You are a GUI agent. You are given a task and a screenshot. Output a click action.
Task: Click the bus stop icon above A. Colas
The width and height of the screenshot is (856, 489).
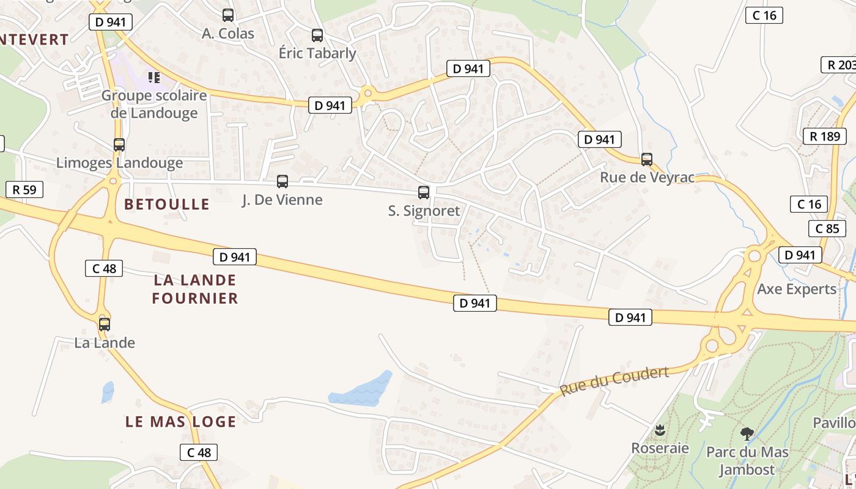tap(228, 15)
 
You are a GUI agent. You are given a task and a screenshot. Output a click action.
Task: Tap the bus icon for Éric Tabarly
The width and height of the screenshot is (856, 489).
tap(317, 35)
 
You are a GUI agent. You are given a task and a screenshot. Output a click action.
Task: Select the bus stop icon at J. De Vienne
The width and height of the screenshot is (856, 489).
tap(282, 181)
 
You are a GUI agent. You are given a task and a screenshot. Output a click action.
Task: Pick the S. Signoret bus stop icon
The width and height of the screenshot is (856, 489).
tap(423, 193)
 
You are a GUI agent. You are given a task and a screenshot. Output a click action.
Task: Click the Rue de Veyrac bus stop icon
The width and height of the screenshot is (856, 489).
tap(647, 160)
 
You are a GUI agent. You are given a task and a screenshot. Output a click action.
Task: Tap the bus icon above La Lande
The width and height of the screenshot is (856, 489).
tap(105, 324)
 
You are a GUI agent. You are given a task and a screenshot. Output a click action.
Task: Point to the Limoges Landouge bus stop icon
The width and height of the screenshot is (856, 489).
tap(119, 145)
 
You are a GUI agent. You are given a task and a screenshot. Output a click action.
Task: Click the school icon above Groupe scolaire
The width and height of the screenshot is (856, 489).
tap(153, 78)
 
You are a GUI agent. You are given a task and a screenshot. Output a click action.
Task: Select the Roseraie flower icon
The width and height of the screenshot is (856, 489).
tap(660, 430)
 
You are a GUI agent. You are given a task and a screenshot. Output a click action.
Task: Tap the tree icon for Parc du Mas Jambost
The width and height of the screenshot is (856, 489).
tap(747, 434)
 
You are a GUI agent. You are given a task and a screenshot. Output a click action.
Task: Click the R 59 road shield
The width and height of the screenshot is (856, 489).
tap(24, 189)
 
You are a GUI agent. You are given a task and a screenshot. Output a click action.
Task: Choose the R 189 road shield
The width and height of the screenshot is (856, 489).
tap(825, 136)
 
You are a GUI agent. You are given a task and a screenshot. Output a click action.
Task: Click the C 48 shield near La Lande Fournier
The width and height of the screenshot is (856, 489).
tap(104, 268)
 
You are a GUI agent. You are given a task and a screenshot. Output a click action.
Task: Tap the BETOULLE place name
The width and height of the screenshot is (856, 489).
tap(167, 204)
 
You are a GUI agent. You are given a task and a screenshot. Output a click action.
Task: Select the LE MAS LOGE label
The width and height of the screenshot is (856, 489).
tap(180, 422)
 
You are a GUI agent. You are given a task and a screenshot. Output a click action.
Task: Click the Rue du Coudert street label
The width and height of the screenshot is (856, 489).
tap(614, 381)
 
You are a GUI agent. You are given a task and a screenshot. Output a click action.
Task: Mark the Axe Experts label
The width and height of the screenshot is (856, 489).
tap(796, 289)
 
